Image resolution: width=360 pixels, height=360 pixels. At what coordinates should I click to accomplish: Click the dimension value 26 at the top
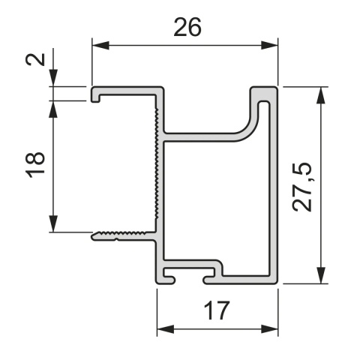coord(187,27)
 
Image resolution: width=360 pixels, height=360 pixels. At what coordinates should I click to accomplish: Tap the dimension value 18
coord(35,164)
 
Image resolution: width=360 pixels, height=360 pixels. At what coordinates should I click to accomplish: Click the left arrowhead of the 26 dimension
coord(97,46)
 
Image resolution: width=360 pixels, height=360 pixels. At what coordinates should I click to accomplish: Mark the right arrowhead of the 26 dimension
coord(272,46)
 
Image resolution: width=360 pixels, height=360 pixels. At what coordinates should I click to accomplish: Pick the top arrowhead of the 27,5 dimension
coord(321,92)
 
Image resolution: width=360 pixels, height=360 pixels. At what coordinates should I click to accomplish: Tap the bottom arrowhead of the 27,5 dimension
coord(321,278)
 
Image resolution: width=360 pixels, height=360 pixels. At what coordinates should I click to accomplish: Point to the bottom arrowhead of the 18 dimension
coord(54,226)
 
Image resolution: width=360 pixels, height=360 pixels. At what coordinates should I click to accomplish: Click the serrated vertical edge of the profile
coord(157,165)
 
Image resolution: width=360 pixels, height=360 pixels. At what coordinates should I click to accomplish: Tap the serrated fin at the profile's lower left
coord(120,235)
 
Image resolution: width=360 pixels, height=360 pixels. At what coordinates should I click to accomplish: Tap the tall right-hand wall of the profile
coord(274,187)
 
